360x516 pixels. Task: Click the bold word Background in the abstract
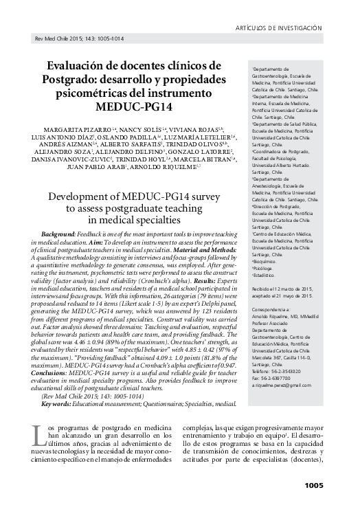pos(59,234)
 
